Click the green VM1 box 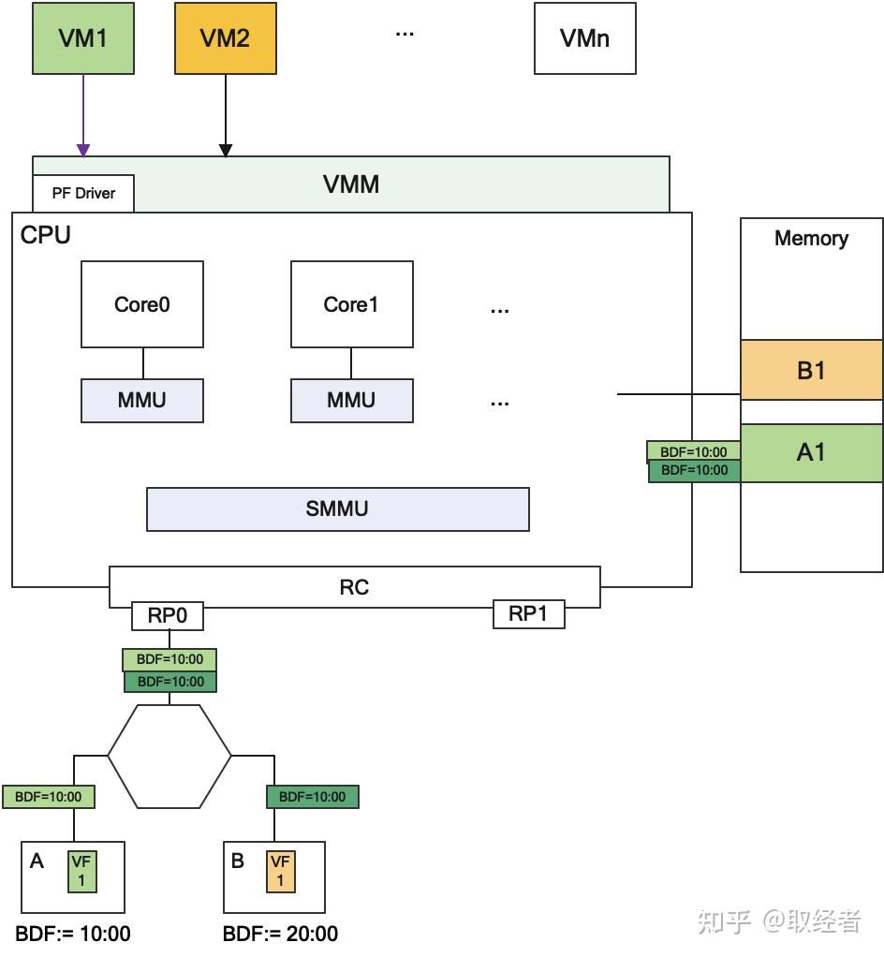point(83,38)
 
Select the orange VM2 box point(225,38)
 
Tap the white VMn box point(584,38)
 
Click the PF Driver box point(83,193)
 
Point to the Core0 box point(142,304)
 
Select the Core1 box point(351,304)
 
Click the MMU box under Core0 point(142,401)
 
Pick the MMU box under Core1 point(351,401)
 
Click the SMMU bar point(337,508)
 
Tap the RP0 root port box point(168,616)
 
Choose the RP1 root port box point(528,614)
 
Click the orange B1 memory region point(811,370)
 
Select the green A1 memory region point(811,452)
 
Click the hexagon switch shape point(169,756)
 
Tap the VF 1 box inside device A point(81,871)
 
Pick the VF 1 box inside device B point(279,871)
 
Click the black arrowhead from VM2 point(225,150)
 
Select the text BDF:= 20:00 point(280,934)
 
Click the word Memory point(811,238)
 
